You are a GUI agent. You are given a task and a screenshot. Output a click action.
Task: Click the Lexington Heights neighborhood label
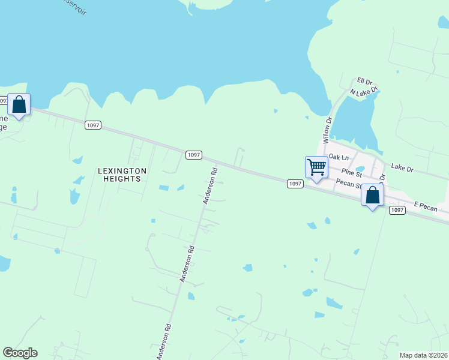122,175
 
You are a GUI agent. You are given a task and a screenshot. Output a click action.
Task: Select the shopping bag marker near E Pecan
372,196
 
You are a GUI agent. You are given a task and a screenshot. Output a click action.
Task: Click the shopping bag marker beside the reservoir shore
19,105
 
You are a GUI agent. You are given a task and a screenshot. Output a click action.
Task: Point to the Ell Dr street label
365,80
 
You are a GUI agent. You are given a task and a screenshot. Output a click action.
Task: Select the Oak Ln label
339,157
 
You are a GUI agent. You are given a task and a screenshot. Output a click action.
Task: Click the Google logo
20,353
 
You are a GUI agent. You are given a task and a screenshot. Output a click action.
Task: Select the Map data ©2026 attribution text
424,355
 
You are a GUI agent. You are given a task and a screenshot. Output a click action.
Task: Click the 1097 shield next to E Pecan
397,209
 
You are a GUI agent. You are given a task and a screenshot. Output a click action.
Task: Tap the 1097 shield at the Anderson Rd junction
193,155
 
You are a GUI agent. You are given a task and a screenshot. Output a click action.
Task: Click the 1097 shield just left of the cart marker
294,184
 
